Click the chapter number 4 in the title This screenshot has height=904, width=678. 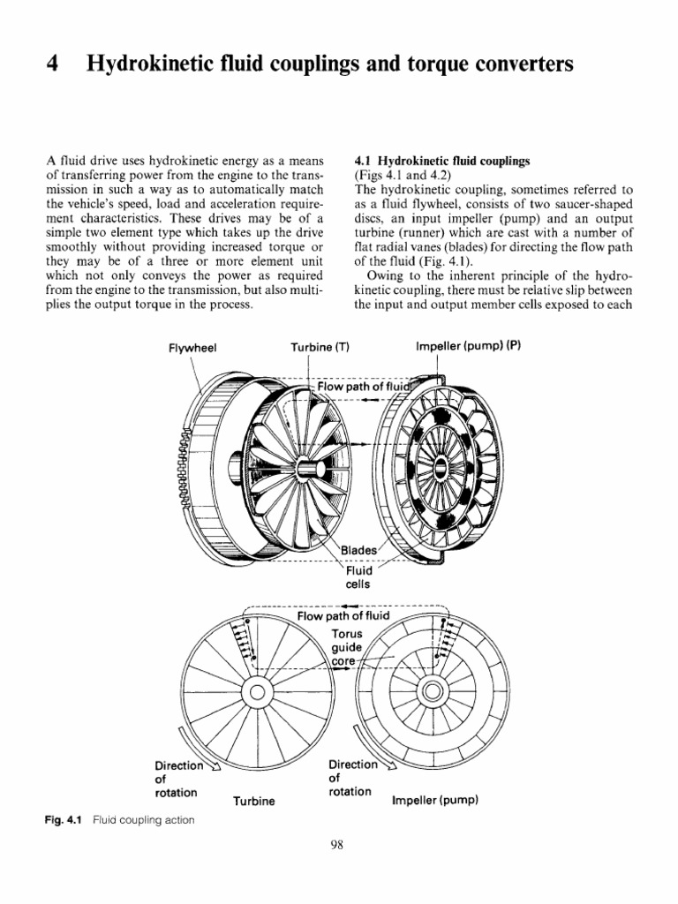[x=51, y=65]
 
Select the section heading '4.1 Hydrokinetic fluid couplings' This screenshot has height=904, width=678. [x=441, y=162]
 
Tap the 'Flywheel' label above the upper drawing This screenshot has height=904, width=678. [x=192, y=347]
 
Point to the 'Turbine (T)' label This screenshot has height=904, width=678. [x=320, y=347]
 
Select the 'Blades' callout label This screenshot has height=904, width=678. [x=358, y=550]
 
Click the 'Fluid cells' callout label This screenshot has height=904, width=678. [x=358, y=576]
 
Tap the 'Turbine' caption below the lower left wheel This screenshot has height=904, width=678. [x=254, y=802]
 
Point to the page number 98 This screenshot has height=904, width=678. [x=337, y=845]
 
